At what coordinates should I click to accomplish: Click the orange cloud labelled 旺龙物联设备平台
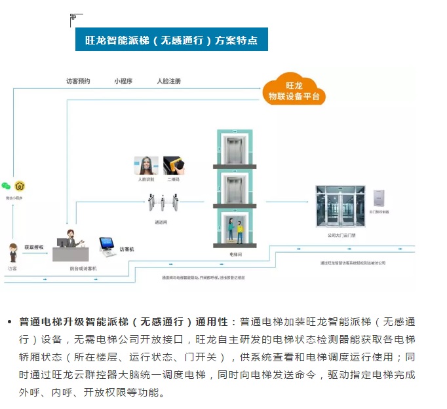294,91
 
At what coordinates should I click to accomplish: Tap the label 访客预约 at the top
78,81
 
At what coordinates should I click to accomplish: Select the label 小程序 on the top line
123,81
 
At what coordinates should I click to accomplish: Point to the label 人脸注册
168,81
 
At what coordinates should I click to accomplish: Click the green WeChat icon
7,186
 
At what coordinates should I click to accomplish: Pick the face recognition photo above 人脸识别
146,165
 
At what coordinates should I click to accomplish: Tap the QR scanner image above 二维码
172,165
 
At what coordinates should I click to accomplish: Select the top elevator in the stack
234,148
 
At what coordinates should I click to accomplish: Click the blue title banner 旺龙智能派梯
172,40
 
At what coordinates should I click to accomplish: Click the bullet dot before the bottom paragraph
9,322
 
